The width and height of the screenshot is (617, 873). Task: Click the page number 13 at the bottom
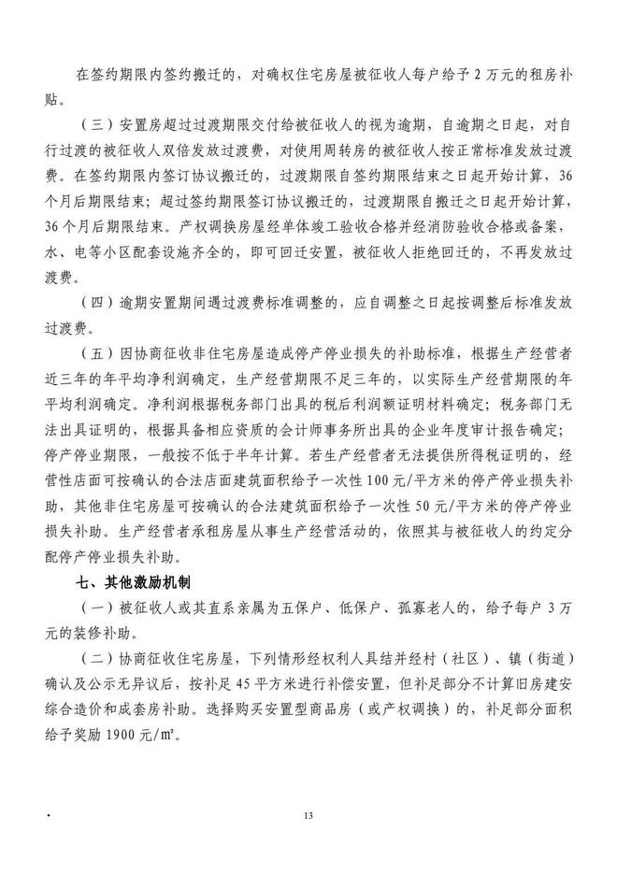coord(308,816)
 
